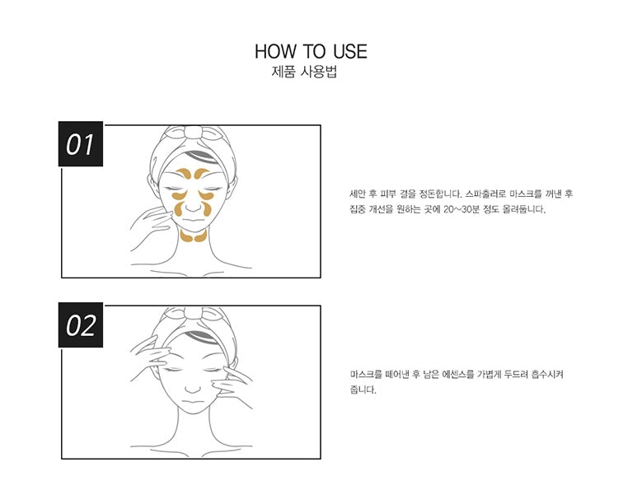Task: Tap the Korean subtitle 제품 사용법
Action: pyautogui.click(x=304, y=72)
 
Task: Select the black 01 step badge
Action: pyautogui.click(x=81, y=146)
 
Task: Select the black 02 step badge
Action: pyautogui.click(x=81, y=326)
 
